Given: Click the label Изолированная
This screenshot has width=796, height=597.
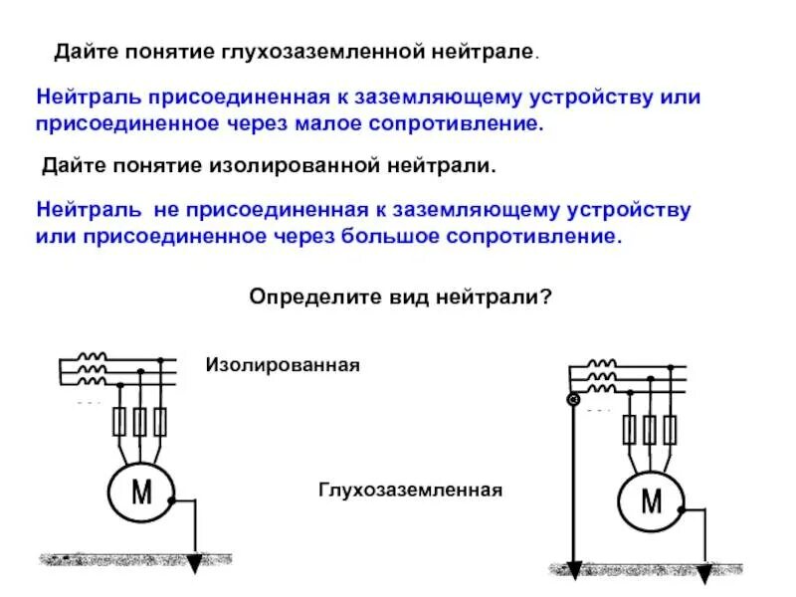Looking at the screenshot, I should click(282, 365).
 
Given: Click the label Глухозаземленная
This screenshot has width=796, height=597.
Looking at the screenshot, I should click(411, 491).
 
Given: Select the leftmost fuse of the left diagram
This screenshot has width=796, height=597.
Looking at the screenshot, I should click(120, 422).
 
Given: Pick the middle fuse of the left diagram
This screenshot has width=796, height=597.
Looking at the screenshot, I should click(140, 422).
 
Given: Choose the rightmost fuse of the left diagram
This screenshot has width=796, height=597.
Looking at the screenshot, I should click(159, 422).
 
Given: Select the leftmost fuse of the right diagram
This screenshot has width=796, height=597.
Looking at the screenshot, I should click(629, 430).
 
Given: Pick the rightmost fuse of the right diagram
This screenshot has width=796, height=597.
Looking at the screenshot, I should click(670, 430).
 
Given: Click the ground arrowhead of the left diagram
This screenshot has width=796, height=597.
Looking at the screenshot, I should click(195, 564).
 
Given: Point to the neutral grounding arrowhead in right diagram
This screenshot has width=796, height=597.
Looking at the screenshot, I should click(573, 569).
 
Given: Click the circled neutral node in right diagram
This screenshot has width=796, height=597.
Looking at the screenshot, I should click(573, 400).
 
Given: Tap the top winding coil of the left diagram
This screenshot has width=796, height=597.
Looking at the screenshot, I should click(93, 356).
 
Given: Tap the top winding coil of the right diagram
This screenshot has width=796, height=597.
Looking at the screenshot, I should click(601, 364).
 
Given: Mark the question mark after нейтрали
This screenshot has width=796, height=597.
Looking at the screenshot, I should click(545, 298).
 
